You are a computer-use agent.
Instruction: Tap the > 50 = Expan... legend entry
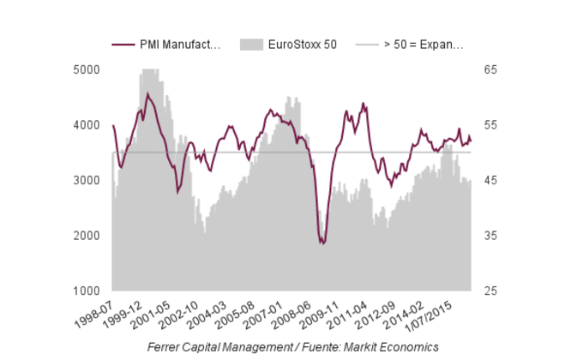[424, 45]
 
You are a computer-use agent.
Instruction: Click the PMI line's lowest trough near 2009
[322, 243]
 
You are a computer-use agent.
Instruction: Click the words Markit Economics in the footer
[397, 346]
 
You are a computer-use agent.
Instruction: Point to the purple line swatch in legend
[123, 45]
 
